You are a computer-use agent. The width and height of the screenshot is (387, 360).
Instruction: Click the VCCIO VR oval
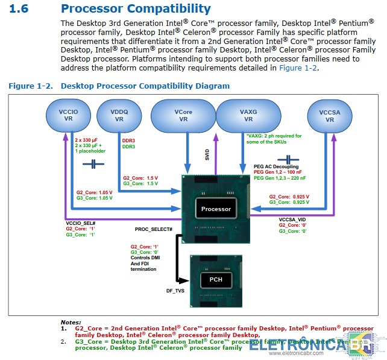point(68,115)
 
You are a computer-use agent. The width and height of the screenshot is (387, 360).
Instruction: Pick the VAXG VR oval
point(248,115)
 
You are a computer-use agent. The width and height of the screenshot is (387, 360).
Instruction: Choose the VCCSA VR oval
point(329,115)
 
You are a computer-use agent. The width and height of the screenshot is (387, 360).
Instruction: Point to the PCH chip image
point(215,280)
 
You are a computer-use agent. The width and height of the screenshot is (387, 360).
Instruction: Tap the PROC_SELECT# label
point(154,230)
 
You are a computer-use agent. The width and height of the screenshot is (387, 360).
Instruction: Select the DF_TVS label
point(175,291)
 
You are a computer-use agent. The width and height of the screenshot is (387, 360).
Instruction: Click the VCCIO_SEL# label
point(81,223)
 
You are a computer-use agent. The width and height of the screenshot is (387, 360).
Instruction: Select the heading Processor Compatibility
point(136,9)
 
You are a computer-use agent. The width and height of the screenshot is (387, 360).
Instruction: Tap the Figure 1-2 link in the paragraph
point(298,68)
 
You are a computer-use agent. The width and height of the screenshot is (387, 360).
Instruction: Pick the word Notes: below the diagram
point(71,323)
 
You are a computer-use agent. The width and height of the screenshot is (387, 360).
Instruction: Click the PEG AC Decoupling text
point(276,166)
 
